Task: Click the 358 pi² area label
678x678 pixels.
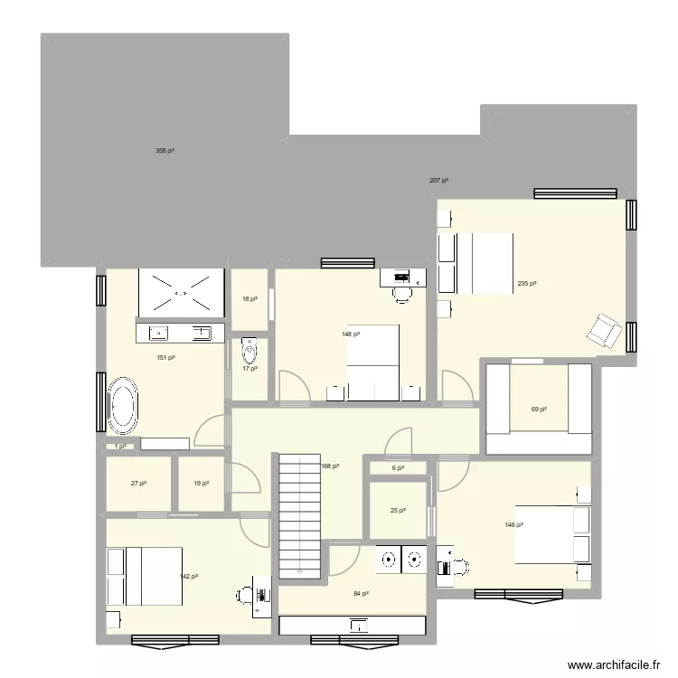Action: coord(165,151)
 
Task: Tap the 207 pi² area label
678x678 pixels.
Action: coord(438,182)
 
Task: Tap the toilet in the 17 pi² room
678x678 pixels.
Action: coord(249,349)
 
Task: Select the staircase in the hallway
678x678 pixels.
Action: coord(299,515)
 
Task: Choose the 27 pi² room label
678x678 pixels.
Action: coord(138,484)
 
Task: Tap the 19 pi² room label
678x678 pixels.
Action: coord(201,484)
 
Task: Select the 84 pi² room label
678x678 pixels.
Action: coord(361,594)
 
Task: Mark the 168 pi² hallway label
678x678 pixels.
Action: coord(330,466)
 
